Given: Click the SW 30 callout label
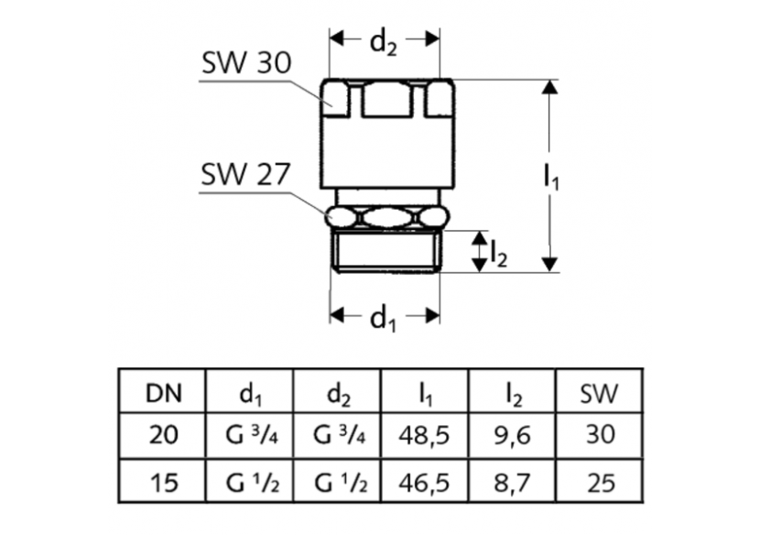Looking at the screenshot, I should pos(245,64).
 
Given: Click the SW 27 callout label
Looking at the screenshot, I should pos(245,174).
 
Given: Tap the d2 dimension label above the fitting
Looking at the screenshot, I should pos(385,41).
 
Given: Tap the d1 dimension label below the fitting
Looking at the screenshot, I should pos(385,318).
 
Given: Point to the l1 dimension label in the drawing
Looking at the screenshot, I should pos(551,177).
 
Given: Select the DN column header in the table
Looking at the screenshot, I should pos(164,394).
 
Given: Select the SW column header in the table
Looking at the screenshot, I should pos(600,394).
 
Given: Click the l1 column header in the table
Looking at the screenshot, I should pos(425,394).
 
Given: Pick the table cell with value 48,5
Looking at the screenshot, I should pos(425,436).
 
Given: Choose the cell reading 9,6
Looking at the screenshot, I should pos(513,436).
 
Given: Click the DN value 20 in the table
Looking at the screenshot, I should pos(164,436).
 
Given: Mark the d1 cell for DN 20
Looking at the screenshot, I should pos(250,436).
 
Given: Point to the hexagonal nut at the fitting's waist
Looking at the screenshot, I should pos(386,217).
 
